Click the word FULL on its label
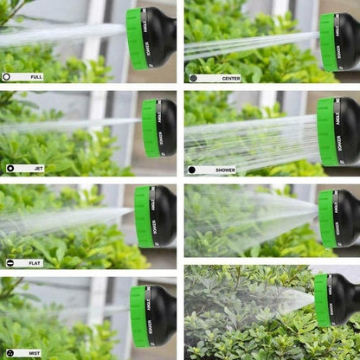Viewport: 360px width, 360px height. (35, 77)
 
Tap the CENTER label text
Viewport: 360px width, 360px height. (229, 78)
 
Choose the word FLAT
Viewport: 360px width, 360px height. (32, 262)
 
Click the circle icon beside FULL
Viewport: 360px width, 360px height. (7, 77)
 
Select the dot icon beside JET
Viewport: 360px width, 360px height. (10, 168)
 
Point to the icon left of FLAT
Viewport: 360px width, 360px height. (10, 262)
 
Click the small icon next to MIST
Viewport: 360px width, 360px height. (9, 353)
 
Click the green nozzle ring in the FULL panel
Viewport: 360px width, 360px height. (136, 39)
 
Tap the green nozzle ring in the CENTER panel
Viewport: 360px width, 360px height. (328, 42)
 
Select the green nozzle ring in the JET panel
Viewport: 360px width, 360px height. (151, 128)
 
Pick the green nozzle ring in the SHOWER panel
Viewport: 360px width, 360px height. (327, 131)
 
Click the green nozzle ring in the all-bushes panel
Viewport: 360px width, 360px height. (322, 299)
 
